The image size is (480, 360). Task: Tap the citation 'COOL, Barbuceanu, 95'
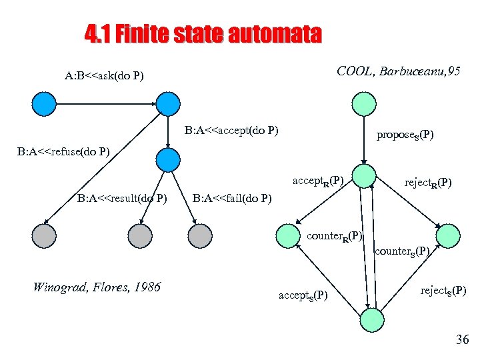point(398,71)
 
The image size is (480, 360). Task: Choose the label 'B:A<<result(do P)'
point(121,197)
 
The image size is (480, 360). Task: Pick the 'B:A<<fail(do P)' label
point(231,197)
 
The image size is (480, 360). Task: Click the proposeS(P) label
point(405,135)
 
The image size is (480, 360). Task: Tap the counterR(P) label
point(335,236)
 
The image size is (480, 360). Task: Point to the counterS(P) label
point(401,251)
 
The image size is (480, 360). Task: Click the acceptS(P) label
point(303,295)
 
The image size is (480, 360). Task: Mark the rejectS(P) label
point(443,290)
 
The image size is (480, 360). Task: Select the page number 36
point(462,340)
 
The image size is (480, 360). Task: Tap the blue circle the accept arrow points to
point(167,159)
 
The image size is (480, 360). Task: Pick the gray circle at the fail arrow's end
point(199,235)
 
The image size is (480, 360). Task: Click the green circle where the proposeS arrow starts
point(363,103)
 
